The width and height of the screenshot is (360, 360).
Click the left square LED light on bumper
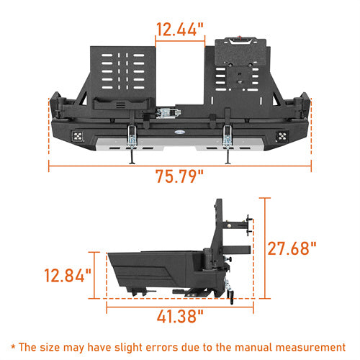pyautogui.click(x=77, y=135)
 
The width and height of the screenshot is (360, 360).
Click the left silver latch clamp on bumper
pyautogui.click(x=132, y=132)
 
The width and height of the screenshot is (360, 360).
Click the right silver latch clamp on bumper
pyautogui.click(x=228, y=132)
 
